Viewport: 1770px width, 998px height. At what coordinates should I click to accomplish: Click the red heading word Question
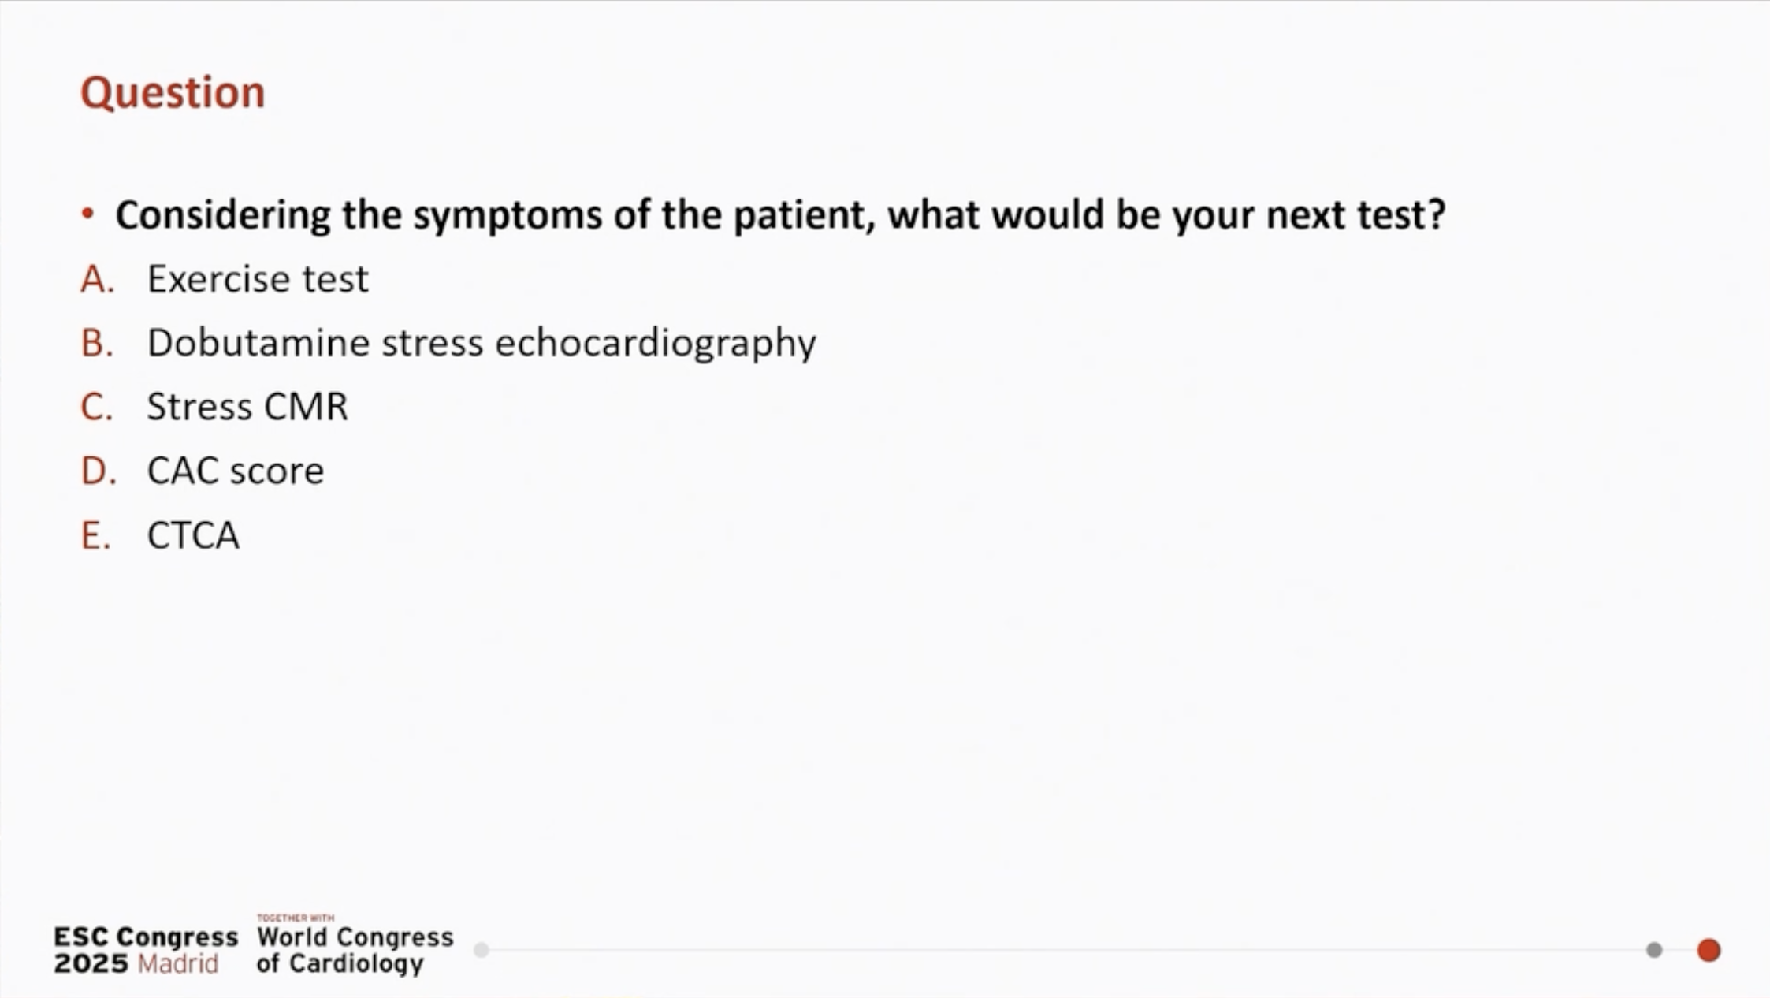point(173,93)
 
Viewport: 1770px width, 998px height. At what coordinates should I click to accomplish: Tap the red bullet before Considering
point(87,214)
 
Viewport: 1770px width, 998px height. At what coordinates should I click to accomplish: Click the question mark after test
point(1436,214)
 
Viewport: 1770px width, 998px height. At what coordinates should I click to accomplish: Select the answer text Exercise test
point(258,279)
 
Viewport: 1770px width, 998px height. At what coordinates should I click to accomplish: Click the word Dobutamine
point(259,343)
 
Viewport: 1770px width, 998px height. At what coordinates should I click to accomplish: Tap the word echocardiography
point(656,344)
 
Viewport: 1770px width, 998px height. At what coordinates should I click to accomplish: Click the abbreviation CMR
point(306,408)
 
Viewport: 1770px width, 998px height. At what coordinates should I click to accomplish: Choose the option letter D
point(99,471)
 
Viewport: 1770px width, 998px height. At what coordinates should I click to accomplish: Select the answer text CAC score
point(236,471)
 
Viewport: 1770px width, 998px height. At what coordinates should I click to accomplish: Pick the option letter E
point(95,535)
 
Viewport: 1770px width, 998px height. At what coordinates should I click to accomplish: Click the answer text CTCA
point(193,535)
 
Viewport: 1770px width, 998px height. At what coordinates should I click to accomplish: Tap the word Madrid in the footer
point(178,963)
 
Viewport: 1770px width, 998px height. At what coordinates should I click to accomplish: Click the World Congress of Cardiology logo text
point(355,949)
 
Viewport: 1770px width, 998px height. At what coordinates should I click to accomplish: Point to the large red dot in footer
point(1709,950)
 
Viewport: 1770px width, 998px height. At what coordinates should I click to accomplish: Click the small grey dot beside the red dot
point(1654,950)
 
